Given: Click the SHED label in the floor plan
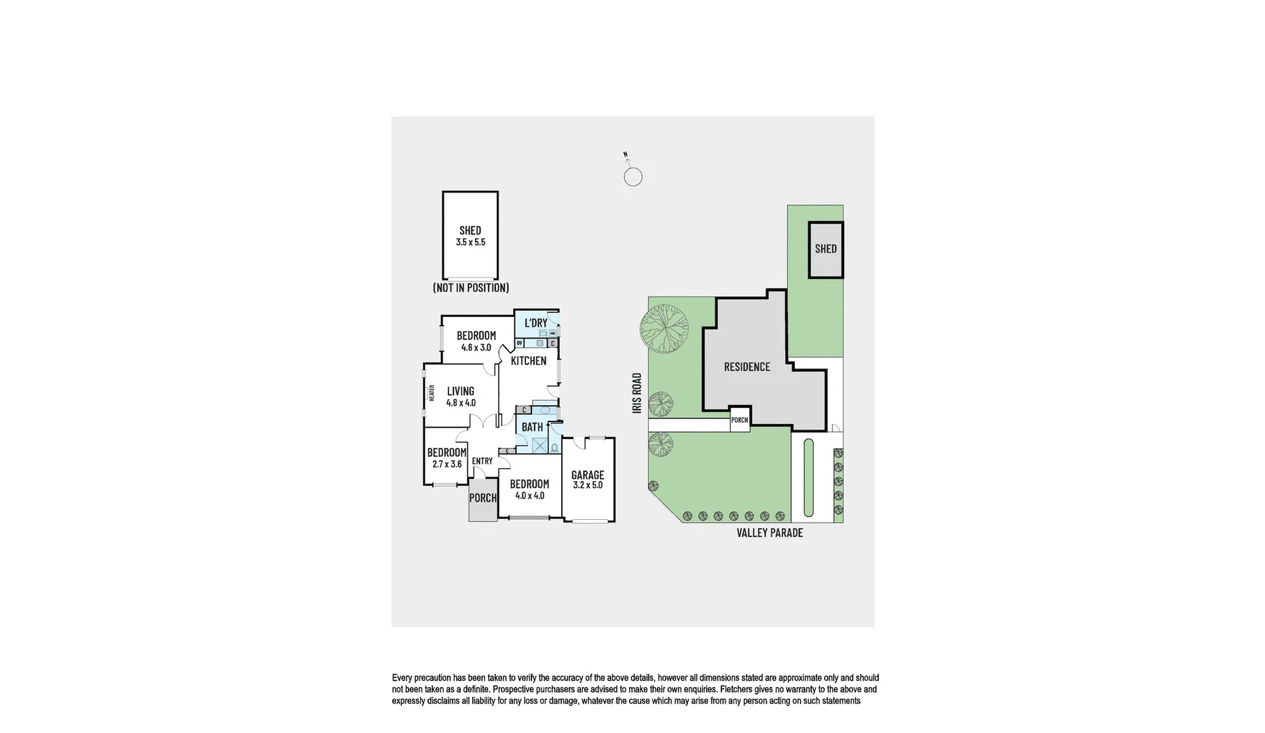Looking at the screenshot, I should [x=470, y=230].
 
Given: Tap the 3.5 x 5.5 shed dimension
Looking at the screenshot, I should [x=470, y=242].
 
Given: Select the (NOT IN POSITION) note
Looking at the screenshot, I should [x=470, y=288].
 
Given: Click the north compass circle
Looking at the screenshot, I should [x=632, y=177].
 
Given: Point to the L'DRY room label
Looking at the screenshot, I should [x=535, y=323].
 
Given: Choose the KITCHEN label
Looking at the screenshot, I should [x=528, y=361].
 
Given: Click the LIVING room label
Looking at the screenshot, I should [x=460, y=391].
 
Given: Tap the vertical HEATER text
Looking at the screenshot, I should [x=432, y=392].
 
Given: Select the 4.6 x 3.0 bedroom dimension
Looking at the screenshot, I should [x=476, y=347].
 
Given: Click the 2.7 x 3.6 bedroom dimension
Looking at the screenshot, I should [x=447, y=464].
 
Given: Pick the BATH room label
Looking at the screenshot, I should [x=532, y=427].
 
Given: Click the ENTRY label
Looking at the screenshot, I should [x=482, y=462].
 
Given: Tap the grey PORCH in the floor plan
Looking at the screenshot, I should [x=483, y=498].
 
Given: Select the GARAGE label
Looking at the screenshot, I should [x=587, y=475].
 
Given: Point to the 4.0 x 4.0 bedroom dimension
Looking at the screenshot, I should [x=529, y=495].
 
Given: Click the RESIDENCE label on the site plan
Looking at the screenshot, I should [x=747, y=367].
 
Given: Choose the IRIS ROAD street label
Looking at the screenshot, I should [x=637, y=393].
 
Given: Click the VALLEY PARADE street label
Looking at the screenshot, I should [x=770, y=533].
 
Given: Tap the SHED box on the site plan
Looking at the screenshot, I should [x=825, y=249].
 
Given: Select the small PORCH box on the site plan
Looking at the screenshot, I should [x=739, y=420].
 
